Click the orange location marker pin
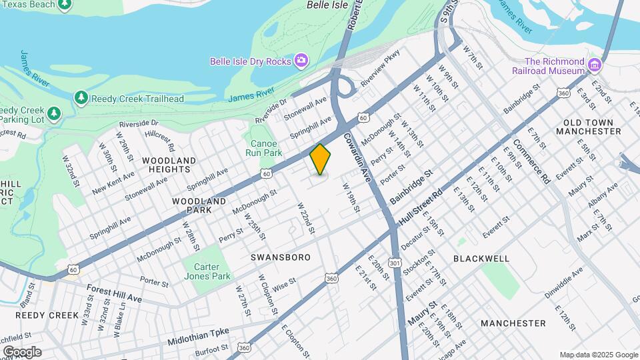click(x=320, y=159)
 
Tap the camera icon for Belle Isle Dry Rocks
click(x=301, y=61)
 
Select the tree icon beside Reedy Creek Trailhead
click(x=81, y=98)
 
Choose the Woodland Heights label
click(x=169, y=165)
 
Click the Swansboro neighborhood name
click(x=281, y=257)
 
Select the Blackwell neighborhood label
click(x=481, y=258)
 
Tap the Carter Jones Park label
click(x=207, y=271)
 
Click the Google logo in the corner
click(x=21, y=351)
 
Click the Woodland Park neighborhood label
click(x=192, y=205)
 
